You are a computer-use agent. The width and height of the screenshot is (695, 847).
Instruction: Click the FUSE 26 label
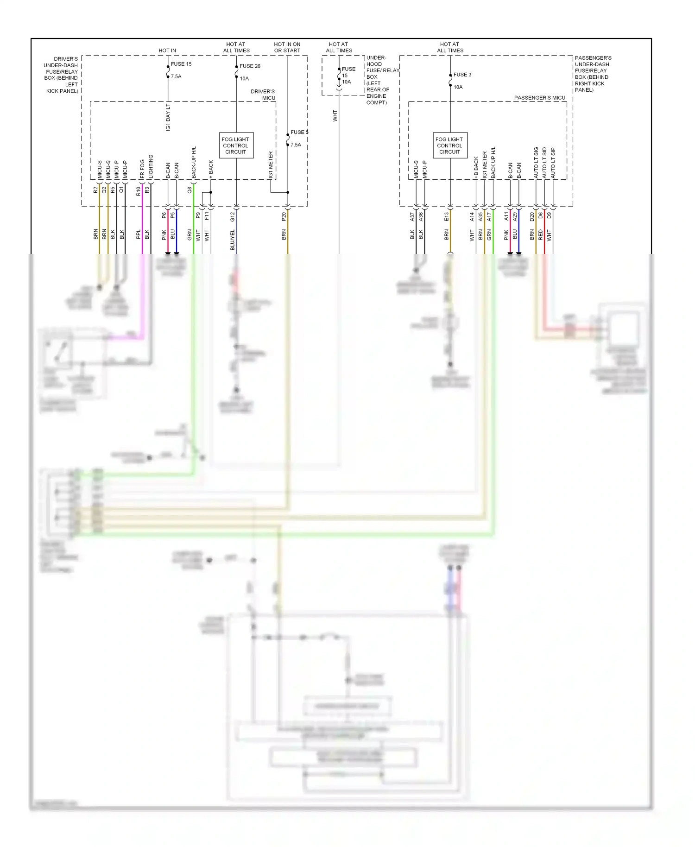(250, 66)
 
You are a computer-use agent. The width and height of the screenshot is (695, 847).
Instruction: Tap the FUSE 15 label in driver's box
(181, 64)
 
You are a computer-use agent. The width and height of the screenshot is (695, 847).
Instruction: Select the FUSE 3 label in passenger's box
(462, 75)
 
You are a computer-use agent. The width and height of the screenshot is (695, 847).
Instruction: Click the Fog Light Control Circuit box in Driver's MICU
(236, 145)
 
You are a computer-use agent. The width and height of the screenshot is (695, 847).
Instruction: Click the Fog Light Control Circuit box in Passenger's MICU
(449, 145)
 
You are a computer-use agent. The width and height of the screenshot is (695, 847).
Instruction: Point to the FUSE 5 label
(299, 133)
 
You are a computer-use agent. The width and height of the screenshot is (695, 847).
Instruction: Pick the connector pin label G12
(233, 216)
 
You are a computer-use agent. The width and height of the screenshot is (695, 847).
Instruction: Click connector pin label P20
(284, 216)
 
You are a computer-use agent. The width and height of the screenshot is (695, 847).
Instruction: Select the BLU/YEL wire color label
(233, 240)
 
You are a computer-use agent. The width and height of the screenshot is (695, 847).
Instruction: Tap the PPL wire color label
(138, 235)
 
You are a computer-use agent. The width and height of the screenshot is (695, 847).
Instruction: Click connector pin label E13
(447, 216)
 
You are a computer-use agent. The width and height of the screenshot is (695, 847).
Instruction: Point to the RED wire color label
(540, 235)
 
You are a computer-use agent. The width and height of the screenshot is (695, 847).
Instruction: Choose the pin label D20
(532, 216)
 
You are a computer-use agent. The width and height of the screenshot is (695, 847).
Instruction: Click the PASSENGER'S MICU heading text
(539, 98)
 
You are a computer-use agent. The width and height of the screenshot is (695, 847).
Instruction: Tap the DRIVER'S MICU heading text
(263, 95)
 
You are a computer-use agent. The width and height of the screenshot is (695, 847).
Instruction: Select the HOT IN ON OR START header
(287, 47)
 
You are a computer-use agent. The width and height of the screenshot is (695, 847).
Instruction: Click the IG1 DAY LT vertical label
(168, 117)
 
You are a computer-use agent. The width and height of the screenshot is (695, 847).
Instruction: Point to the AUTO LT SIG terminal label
(536, 163)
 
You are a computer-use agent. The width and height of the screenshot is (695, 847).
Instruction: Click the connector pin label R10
(138, 191)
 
